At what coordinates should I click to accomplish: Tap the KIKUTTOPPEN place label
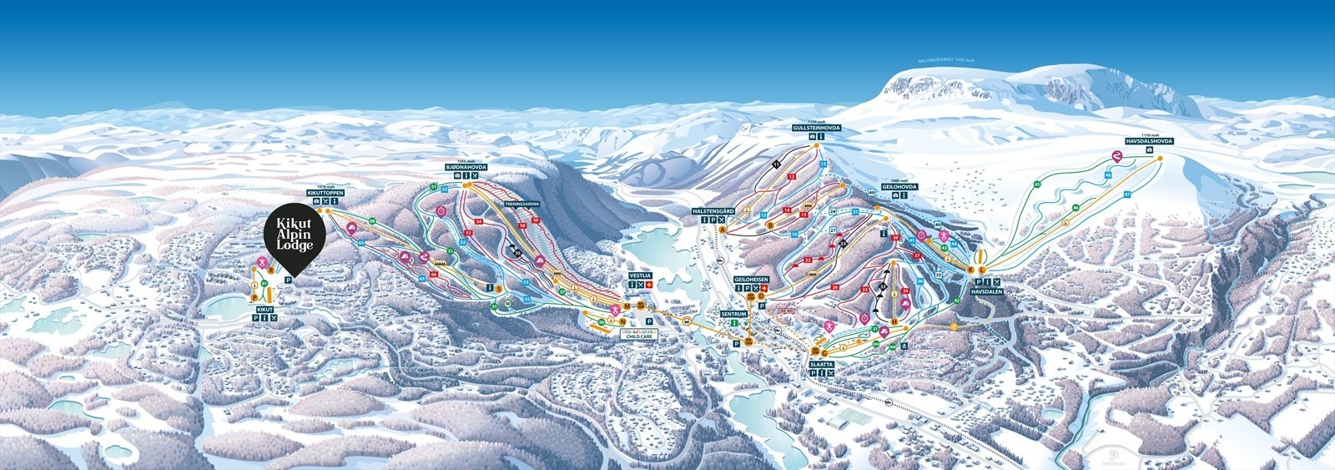[325, 193]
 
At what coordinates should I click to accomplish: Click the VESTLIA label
[642, 275]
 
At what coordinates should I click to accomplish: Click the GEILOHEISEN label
[750, 279]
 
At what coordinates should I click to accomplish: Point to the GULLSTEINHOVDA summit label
[817, 128]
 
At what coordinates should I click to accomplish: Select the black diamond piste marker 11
[775, 164]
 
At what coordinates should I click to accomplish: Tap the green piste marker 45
[1037, 184]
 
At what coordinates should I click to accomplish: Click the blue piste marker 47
[1126, 194]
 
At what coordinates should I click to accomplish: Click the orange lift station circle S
[498, 289]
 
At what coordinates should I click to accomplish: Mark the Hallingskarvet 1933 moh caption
[944, 59]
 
